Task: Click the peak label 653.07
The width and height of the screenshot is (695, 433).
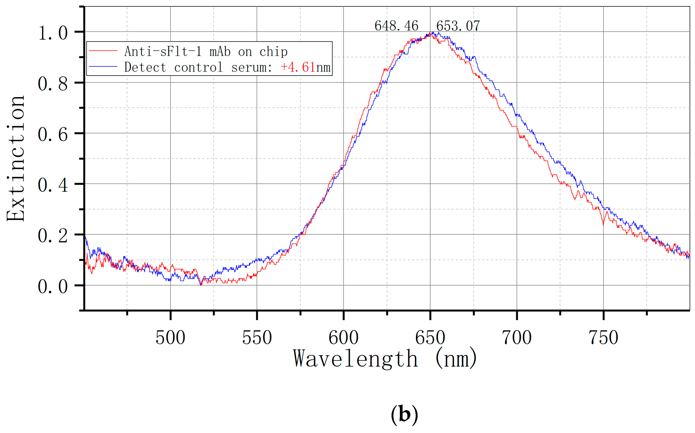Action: (458, 26)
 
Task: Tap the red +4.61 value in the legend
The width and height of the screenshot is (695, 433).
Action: (298, 67)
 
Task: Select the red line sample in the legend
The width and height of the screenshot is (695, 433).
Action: (103, 51)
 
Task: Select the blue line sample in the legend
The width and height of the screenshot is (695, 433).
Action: (103, 66)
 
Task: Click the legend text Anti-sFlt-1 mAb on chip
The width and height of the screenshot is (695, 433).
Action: (206, 52)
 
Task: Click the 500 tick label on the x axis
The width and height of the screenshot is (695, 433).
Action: (170, 338)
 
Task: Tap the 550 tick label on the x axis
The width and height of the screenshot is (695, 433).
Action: (257, 338)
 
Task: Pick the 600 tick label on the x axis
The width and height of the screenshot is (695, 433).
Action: (343, 338)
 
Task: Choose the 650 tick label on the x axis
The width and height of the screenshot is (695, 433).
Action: (430, 338)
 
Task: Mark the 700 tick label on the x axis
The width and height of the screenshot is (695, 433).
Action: (517, 338)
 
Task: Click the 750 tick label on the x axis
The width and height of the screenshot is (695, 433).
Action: (603, 338)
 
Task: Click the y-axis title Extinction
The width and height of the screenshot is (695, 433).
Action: (16, 158)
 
